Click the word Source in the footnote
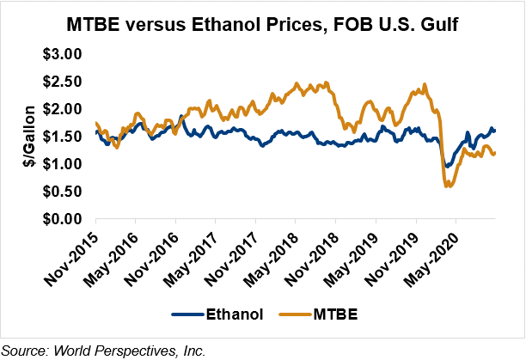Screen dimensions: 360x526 click(x=22, y=349)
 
